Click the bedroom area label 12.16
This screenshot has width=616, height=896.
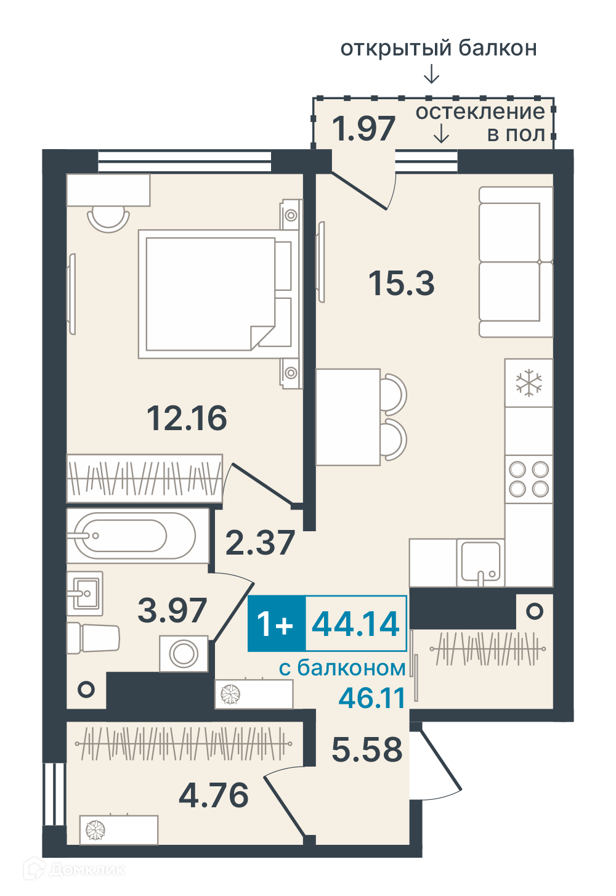click(187, 418)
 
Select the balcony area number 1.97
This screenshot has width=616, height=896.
click(363, 128)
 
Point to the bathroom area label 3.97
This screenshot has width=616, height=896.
click(172, 610)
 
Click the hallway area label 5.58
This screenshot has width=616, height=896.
click(367, 749)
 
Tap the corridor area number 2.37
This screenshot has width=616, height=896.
click(260, 542)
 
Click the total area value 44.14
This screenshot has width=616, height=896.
click(355, 624)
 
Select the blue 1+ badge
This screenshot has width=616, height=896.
click(276, 623)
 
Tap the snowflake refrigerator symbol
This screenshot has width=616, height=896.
click(529, 383)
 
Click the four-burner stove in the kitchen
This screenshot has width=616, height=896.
click(529, 479)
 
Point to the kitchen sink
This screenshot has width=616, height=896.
click(480, 562)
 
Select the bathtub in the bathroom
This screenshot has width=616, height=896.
click(137, 536)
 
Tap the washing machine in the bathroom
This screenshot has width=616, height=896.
click(184, 653)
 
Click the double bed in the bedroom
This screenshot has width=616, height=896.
click(218, 293)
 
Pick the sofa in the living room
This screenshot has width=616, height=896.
click(516, 262)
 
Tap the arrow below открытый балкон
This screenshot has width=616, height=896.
click(431, 75)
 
